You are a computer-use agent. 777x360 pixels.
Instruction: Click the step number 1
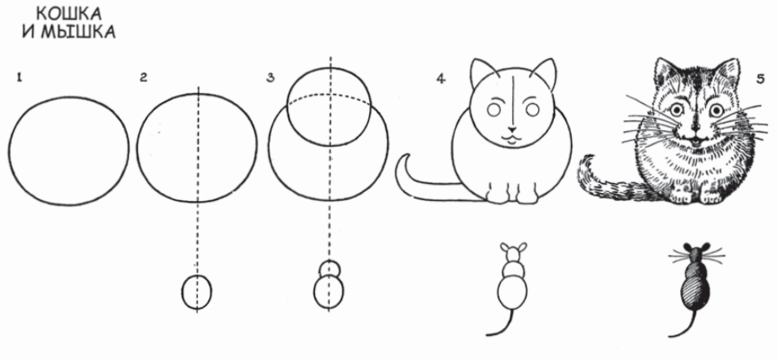pos(19,77)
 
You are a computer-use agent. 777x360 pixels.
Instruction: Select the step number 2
pos(144,77)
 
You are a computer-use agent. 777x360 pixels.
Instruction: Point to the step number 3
pos(270,77)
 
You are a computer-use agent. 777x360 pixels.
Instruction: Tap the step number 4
pos(440,79)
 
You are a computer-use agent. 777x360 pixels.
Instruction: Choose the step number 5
pos(761,79)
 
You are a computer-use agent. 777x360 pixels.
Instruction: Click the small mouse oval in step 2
pos(197,292)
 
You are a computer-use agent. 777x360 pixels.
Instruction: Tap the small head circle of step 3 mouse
pos(330,269)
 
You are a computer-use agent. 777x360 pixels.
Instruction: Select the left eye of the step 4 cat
pos(493,110)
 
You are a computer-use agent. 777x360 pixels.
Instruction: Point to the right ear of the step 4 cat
pos(544,73)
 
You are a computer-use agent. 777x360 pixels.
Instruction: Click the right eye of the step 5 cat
pos(716,110)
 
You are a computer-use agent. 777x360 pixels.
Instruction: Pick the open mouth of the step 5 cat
pos(695,141)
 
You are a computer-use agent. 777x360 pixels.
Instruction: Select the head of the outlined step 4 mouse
pos(514,253)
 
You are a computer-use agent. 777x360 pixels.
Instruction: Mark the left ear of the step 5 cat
pos(665,73)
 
